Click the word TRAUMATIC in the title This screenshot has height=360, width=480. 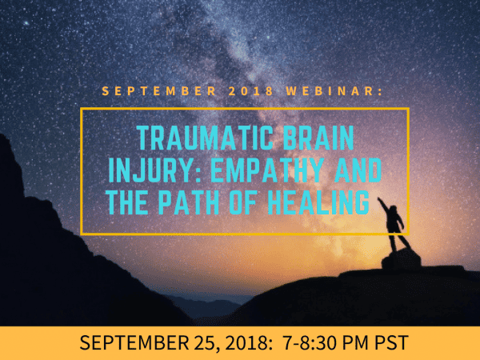pyautogui.click(x=205, y=138)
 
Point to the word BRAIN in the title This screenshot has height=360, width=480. pyautogui.click(x=318, y=138)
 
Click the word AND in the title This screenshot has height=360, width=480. pyautogui.click(x=358, y=170)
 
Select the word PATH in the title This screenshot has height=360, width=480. pyautogui.click(x=189, y=202)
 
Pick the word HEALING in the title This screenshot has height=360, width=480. pyautogui.click(x=318, y=202)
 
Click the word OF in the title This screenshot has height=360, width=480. pyautogui.click(x=242, y=202)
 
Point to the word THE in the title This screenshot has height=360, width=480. pyautogui.click(x=126, y=202)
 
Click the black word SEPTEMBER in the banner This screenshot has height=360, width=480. pyautogui.click(x=134, y=342)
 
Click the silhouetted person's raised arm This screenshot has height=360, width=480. pyautogui.click(x=383, y=205)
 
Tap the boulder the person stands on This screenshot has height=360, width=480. pyautogui.click(x=401, y=259)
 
